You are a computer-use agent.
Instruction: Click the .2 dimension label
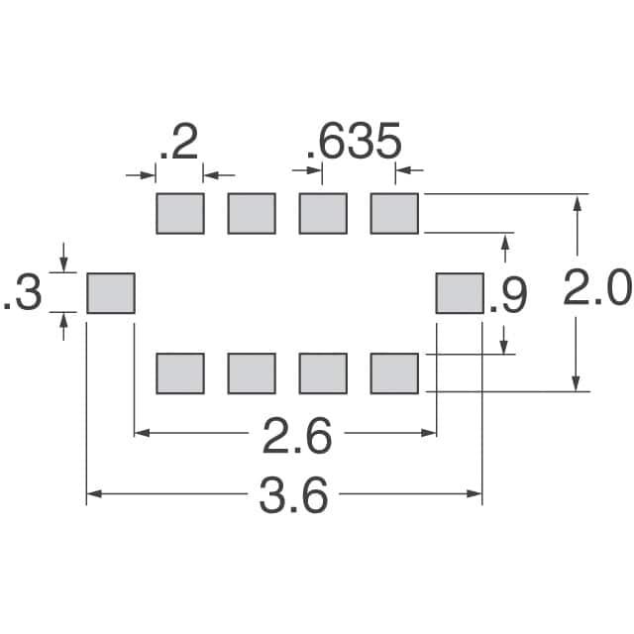click(x=179, y=144)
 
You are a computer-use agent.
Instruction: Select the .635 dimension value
click(x=354, y=144)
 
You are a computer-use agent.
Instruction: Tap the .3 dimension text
click(x=24, y=294)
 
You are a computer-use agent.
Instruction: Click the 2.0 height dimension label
click(x=596, y=291)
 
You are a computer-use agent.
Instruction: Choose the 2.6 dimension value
click(x=294, y=435)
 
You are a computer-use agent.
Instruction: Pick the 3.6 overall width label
click(x=293, y=495)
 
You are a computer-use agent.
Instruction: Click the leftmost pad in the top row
click(x=180, y=213)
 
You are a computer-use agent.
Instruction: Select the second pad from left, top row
click(x=252, y=213)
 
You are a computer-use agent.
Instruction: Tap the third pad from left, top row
click(x=323, y=213)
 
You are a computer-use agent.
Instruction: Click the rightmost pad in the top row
click(x=394, y=213)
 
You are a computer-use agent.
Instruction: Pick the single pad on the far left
click(x=110, y=293)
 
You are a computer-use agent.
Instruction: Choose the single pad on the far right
click(x=460, y=293)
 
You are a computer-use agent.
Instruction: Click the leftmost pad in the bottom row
click(x=180, y=373)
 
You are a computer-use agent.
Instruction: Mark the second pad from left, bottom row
click(x=252, y=373)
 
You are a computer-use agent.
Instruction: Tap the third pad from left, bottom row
click(x=323, y=373)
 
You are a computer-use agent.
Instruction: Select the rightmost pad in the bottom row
click(x=394, y=373)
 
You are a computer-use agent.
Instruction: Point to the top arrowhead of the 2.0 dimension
click(x=576, y=201)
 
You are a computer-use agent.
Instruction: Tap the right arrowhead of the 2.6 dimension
click(x=429, y=432)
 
